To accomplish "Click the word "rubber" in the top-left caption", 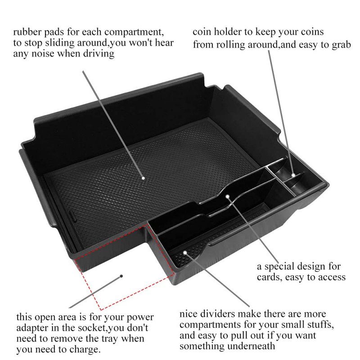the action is pyautogui.click(x=27, y=32).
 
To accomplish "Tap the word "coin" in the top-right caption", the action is pyautogui.click(x=202, y=32).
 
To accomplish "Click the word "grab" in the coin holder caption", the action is pyautogui.click(x=342, y=45).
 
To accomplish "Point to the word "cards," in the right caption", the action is pyautogui.click(x=269, y=277).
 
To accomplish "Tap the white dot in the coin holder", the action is pyautogui.click(x=293, y=175).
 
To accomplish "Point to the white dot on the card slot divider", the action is pyautogui.click(x=227, y=197).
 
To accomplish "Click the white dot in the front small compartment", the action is pyautogui.click(x=185, y=252).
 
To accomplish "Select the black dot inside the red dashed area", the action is pyautogui.click(x=121, y=276).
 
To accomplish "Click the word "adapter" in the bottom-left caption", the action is pyautogui.click(x=32, y=328).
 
